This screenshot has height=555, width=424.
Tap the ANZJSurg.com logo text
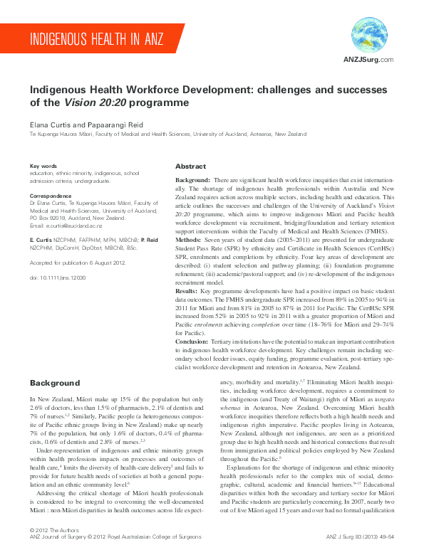click(x=368, y=60)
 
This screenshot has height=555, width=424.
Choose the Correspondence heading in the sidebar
click(x=51, y=195)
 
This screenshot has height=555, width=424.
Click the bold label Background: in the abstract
click(x=192, y=182)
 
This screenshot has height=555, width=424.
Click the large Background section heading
click(x=55, y=384)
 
